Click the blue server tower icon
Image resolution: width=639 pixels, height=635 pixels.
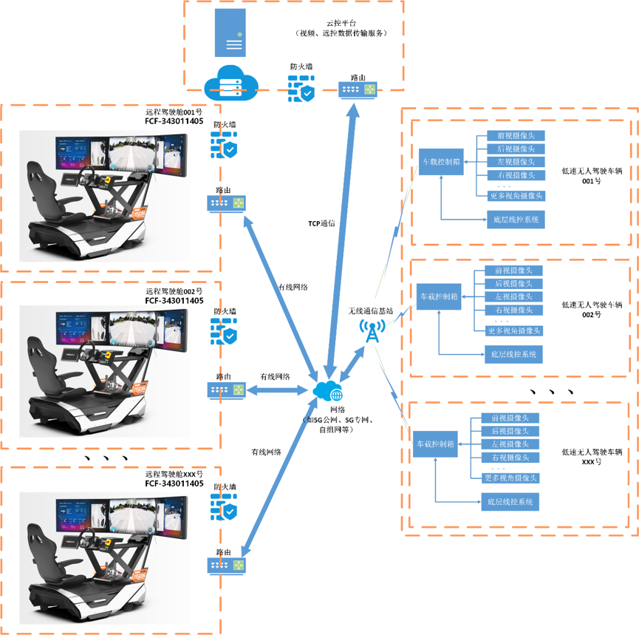(x=230, y=33)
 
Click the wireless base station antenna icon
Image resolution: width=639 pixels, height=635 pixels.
(x=372, y=330)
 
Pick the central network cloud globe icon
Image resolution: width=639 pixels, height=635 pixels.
(x=328, y=391)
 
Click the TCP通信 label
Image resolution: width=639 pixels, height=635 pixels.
(x=321, y=223)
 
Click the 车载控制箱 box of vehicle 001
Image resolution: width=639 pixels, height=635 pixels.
(x=441, y=160)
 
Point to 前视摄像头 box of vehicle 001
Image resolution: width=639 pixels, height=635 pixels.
(x=516, y=136)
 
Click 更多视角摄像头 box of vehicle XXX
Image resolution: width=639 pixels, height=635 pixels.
(x=510, y=478)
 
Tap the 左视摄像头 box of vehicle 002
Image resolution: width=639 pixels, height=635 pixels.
(x=513, y=296)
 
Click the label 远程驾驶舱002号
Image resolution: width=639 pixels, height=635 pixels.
(x=174, y=291)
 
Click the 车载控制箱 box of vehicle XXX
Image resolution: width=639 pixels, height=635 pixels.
(x=436, y=444)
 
